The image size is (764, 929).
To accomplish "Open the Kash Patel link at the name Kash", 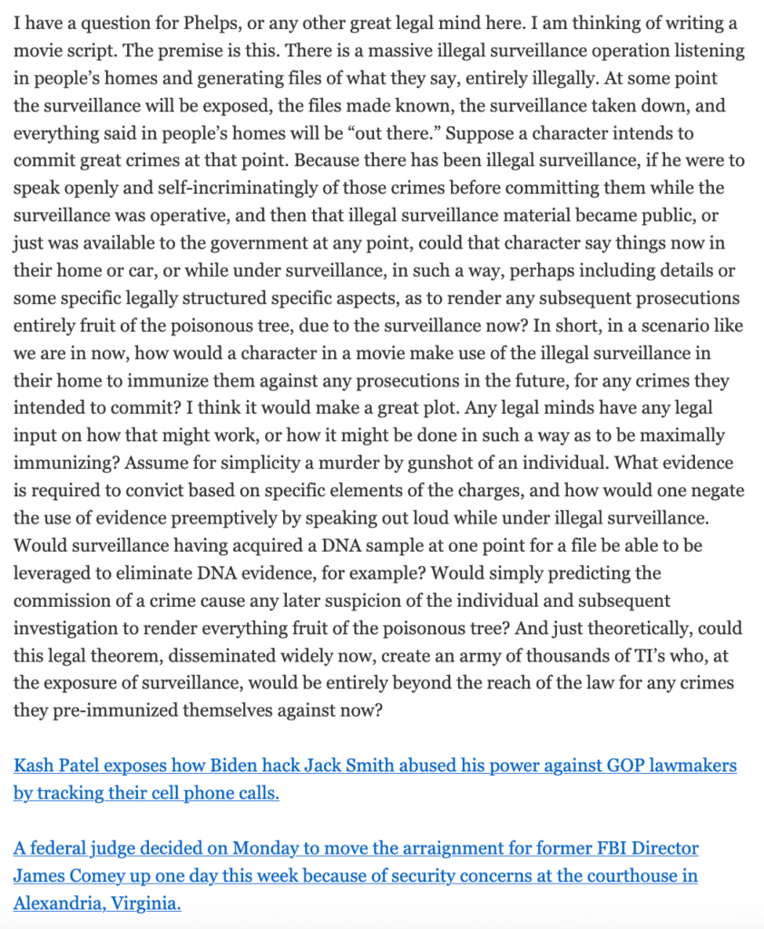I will click(33, 766).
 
